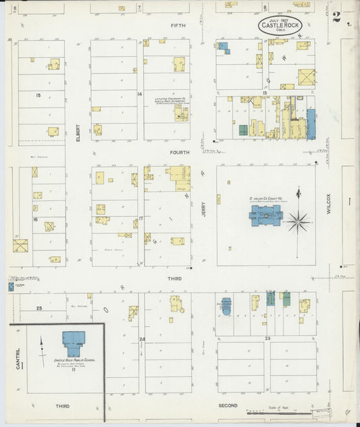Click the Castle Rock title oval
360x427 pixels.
click(279, 25)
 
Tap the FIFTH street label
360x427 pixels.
click(178, 25)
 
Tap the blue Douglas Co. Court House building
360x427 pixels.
click(266, 216)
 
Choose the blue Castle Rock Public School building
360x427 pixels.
click(74, 343)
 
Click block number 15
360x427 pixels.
click(38, 95)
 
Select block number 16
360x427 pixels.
click(34, 219)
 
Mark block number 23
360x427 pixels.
click(267, 338)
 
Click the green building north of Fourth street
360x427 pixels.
click(242, 129)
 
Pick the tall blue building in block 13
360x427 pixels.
click(311, 124)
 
